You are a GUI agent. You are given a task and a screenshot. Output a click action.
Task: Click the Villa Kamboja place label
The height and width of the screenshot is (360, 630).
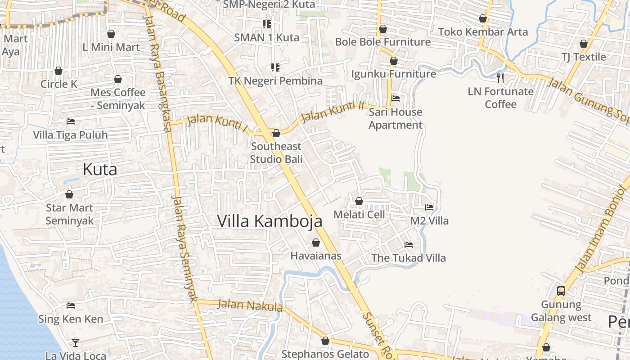point(270,221)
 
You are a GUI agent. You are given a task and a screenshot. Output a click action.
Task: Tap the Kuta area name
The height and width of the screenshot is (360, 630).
point(100,169)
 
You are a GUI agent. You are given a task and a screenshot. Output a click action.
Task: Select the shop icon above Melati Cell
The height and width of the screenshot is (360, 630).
point(359,201)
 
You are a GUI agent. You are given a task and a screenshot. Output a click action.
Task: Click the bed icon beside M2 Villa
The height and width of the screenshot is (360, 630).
point(429,207)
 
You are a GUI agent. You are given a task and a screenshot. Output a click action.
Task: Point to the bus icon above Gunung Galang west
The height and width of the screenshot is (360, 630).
point(561,291)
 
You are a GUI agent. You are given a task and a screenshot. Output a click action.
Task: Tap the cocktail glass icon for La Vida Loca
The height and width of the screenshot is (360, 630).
point(76,343)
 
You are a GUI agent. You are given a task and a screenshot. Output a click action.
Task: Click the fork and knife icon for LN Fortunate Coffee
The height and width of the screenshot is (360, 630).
point(500,78)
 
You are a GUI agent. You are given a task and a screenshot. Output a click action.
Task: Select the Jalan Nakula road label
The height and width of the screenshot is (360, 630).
point(250,305)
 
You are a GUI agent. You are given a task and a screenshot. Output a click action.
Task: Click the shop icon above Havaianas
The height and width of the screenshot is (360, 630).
point(316,243)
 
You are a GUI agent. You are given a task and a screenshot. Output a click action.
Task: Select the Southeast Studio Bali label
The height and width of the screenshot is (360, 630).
point(276,153)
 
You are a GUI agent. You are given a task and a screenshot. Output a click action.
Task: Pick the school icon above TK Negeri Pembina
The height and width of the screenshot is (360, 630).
point(275,68)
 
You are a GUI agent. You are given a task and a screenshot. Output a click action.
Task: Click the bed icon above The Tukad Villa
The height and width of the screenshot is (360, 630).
point(409,245)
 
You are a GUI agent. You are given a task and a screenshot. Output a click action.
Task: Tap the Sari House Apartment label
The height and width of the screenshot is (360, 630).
point(396,118)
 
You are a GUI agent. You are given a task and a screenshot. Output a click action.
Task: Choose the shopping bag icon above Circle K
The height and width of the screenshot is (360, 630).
point(58,71)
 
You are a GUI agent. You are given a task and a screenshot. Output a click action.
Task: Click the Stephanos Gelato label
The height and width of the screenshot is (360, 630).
point(325,354)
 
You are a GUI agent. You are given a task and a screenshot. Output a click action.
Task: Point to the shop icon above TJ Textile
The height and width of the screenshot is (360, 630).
point(584,44)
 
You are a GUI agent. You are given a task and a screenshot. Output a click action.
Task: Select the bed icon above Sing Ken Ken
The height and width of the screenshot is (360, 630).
point(71,306)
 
